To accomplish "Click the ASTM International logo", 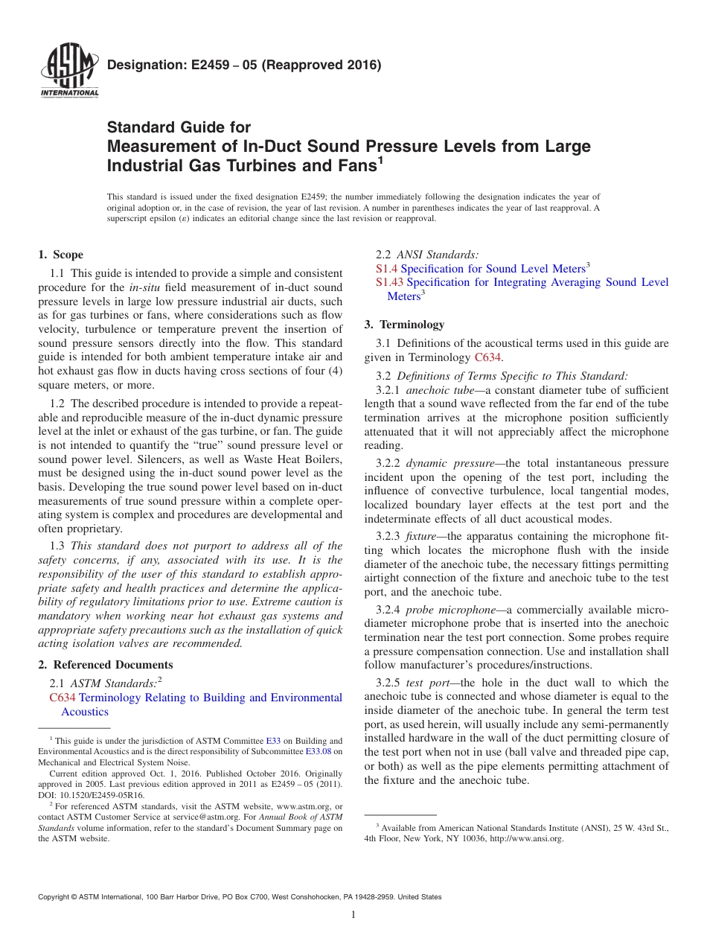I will (68, 71).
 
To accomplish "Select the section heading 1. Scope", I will (60, 255).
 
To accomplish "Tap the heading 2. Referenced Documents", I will (105, 665).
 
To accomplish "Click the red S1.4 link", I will (386, 269).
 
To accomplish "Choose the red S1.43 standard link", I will (389, 282).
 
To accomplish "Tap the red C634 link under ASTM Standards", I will (62, 698).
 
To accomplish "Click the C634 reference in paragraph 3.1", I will (487, 357).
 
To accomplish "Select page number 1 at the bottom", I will (353, 915).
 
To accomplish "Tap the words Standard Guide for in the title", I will (179, 127).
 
